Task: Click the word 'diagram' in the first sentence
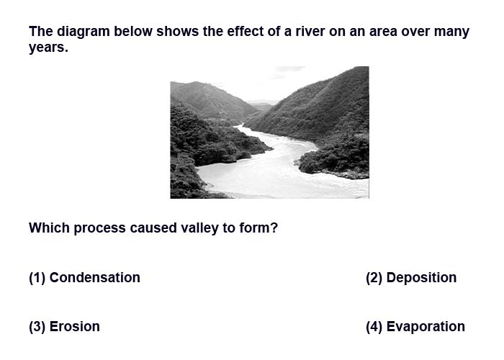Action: tap(84, 32)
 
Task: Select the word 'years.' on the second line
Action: tap(48, 48)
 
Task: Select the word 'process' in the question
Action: tap(99, 229)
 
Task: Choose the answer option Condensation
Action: tap(94, 278)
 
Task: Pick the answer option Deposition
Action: tap(421, 278)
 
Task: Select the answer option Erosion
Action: tap(74, 327)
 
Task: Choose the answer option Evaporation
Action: tap(426, 327)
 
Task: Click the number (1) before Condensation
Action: tap(37, 278)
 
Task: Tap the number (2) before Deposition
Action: tap(374, 278)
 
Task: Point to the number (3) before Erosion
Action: tap(37, 327)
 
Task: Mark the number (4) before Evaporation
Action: tap(374, 327)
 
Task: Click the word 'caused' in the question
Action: tap(153, 228)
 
